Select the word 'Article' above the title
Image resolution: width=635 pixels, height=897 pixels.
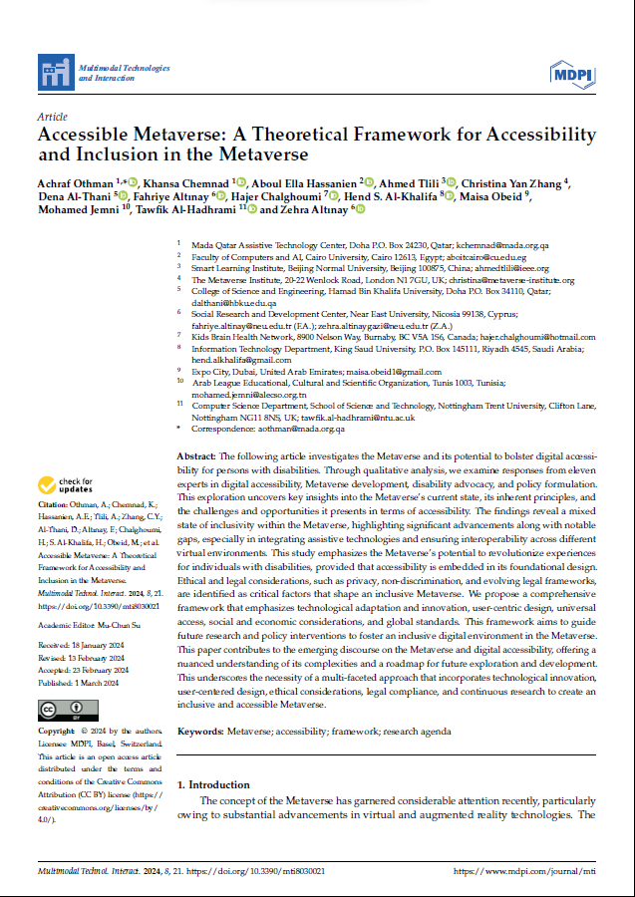51,117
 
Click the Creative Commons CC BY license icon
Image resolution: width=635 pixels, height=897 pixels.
67,711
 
